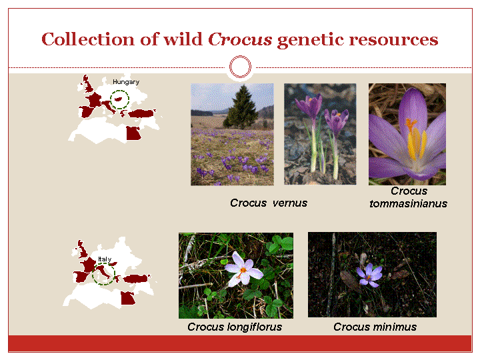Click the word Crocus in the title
[240, 39]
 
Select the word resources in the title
[394, 40]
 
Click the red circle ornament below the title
[240, 67]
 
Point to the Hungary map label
[126, 82]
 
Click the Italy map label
[105, 259]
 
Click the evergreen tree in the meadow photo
[242, 107]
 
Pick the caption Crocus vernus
[269, 203]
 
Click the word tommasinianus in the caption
[408, 203]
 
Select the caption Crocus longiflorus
[235, 327]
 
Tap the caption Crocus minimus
[375, 327]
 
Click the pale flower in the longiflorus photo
[244, 269]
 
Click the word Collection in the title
[88, 39]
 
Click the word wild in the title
[183, 39]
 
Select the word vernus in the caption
[289, 203]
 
